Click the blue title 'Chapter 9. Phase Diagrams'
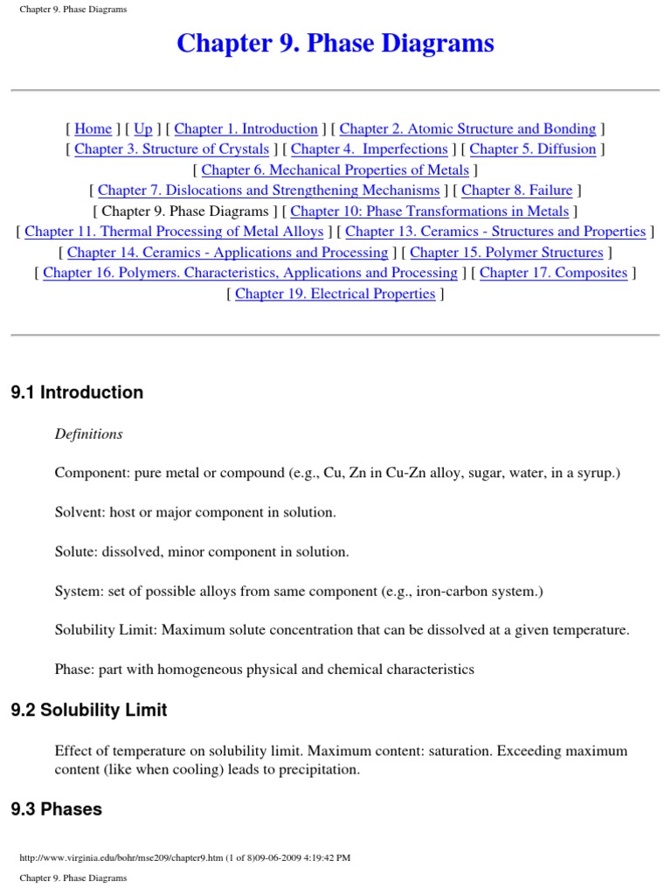(x=335, y=43)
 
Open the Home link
(x=93, y=128)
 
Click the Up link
(x=143, y=128)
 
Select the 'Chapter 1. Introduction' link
(x=246, y=128)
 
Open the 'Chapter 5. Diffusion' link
(x=532, y=149)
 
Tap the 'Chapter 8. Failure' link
(x=516, y=190)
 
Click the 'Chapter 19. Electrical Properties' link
(x=335, y=294)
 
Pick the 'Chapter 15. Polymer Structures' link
(x=506, y=252)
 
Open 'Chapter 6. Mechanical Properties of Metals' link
(x=335, y=170)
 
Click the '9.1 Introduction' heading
(x=77, y=392)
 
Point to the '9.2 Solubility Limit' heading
(x=89, y=711)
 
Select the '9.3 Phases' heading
(x=57, y=809)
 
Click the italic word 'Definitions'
(x=89, y=434)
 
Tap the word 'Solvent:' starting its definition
(x=80, y=512)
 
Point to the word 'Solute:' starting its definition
(x=76, y=552)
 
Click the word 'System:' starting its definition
(x=78, y=591)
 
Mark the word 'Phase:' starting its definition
(x=74, y=670)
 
